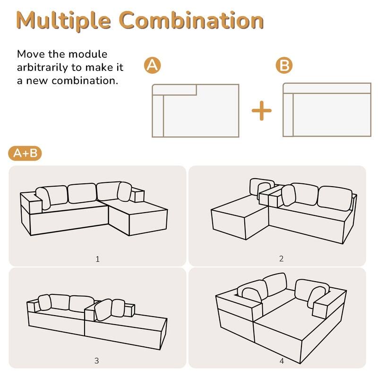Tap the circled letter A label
[152, 66]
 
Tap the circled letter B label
[283, 66]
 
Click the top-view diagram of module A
[195, 111]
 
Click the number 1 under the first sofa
[98, 258]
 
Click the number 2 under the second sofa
[281, 258]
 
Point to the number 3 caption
[96, 361]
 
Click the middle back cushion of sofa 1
[82, 193]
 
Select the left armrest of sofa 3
[33, 306]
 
